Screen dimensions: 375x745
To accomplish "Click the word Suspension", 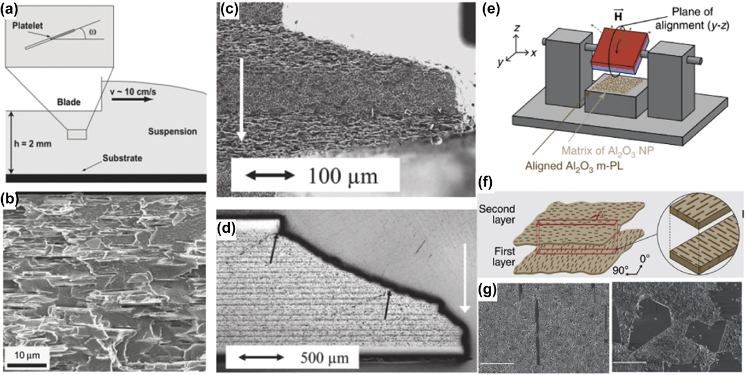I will click(173, 132).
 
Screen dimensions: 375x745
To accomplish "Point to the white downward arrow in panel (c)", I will click(241, 98).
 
